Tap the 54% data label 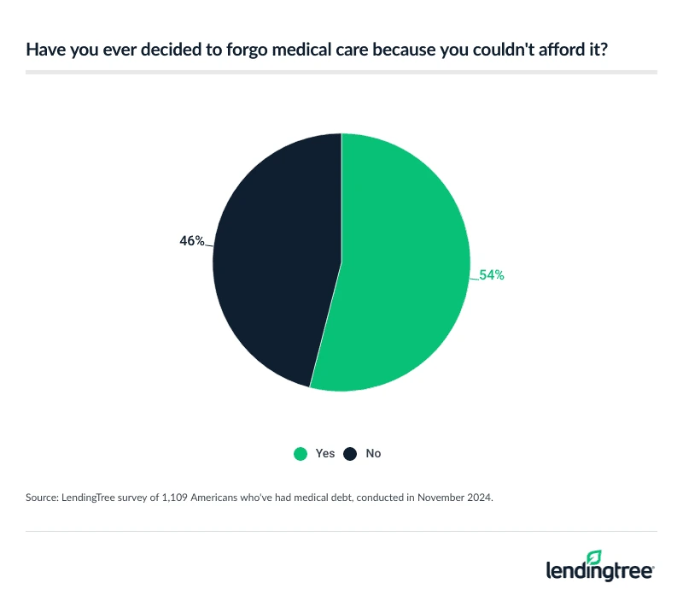coord(492,275)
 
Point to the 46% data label coord(192,241)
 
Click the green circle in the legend coord(301,454)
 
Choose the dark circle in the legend coord(350,454)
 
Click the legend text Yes coord(325,454)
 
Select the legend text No coord(373,454)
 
